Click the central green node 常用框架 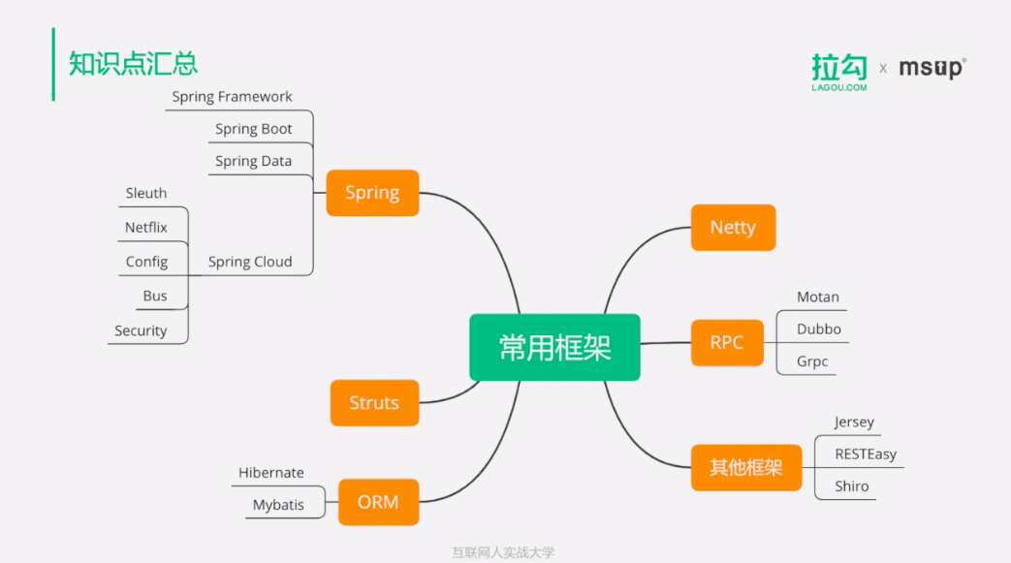tap(554, 347)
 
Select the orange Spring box tap(372, 193)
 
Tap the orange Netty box tap(733, 228)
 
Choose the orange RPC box tap(727, 342)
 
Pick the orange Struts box tap(374, 403)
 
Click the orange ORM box tap(378, 502)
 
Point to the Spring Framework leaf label tap(232, 97)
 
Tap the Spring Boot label tap(253, 129)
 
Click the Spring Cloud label tap(250, 262)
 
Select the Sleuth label tap(146, 193)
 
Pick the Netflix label tap(146, 228)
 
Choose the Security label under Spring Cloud tap(141, 330)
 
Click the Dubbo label tap(819, 329)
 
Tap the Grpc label tap(812, 362)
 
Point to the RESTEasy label tap(866, 454)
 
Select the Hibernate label tap(271, 473)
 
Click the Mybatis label tap(278, 505)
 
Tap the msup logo tap(932, 68)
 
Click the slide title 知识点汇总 tap(133, 64)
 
